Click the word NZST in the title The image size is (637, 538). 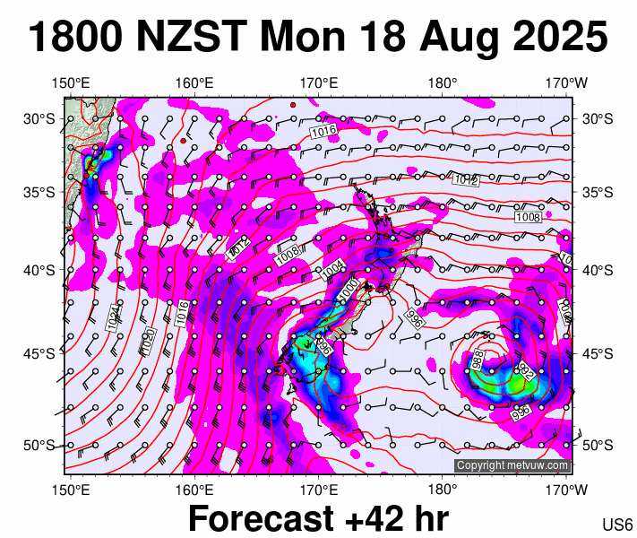(x=191, y=39)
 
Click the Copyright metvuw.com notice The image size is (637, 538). (x=512, y=465)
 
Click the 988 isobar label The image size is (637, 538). (x=478, y=360)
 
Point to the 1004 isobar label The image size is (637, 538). (x=332, y=268)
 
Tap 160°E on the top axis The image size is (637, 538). (x=194, y=83)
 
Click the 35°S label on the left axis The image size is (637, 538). (x=39, y=192)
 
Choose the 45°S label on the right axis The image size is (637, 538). (x=598, y=353)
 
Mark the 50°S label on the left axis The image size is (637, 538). (x=39, y=446)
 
